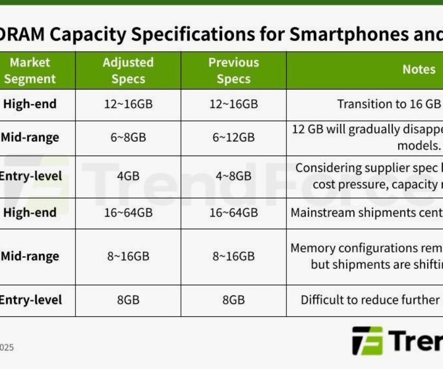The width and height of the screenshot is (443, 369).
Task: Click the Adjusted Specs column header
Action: (x=128, y=71)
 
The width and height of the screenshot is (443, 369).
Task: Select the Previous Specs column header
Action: (x=234, y=71)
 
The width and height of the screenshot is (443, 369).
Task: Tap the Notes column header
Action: (x=419, y=70)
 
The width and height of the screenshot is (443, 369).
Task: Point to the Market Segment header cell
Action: (x=30, y=71)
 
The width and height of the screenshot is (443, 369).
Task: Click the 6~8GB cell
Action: (x=128, y=138)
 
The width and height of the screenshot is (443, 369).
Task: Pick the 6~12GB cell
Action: (x=234, y=138)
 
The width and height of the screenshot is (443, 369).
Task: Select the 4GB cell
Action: (x=128, y=176)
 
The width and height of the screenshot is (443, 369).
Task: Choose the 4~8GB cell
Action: (x=234, y=176)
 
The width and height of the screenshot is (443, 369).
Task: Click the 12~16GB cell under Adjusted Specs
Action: (x=128, y=104)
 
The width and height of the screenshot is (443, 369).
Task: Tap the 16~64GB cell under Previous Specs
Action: (x=234, y=212)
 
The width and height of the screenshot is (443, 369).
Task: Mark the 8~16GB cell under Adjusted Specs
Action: (x=128, y=257)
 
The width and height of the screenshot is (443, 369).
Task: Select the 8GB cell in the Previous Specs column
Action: (x=234, y=300)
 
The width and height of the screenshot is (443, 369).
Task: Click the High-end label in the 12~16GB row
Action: (x=30, y=104)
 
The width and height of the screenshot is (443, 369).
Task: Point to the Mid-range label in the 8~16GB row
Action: (x=30, y=257)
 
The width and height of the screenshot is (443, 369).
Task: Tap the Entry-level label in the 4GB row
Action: (x=30, y=176)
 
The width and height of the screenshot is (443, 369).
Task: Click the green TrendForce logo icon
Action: (x=367, y=341)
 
